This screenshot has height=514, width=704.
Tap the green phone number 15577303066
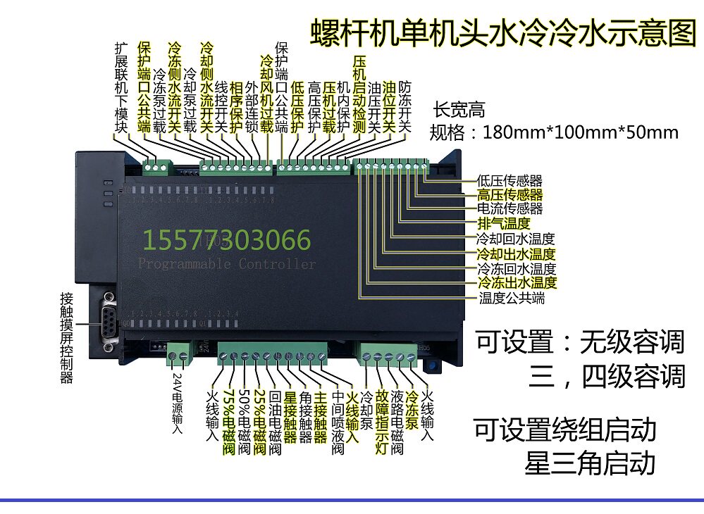coord(227,241)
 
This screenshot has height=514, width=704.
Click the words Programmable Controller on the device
coord(227,265)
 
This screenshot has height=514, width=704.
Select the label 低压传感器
coord(510,181)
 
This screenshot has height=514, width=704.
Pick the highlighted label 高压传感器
coord(510,195)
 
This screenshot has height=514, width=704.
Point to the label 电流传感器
coord(510,209)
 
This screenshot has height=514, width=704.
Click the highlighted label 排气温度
coord(503,224)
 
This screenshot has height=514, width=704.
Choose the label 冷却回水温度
coord(517,239)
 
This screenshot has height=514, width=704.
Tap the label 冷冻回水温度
coord(517,268)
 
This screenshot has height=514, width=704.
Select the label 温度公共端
coord(512,298)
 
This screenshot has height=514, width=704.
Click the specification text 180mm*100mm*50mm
coord(579,132)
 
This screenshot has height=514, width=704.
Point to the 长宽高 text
coord(459,111)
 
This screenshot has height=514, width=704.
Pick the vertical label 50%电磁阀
coord(244,420)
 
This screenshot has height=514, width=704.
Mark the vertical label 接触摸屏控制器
coord(66,338)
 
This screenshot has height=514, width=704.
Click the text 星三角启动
coord(590,463)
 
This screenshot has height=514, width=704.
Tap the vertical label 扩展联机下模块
coord(122,87)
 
